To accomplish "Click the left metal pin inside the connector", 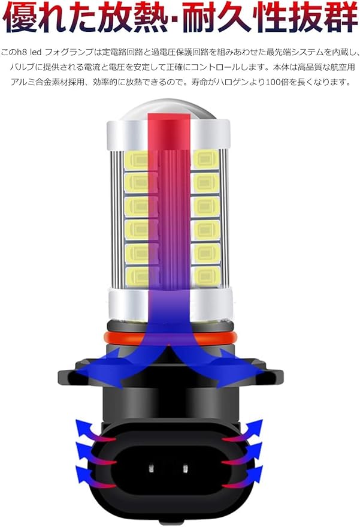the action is click(x=151, y=467).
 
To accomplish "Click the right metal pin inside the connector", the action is click(x=184, y=467).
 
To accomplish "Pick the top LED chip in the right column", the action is click(x=205, y=159).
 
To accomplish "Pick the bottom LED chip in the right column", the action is click(x=206, y=276).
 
